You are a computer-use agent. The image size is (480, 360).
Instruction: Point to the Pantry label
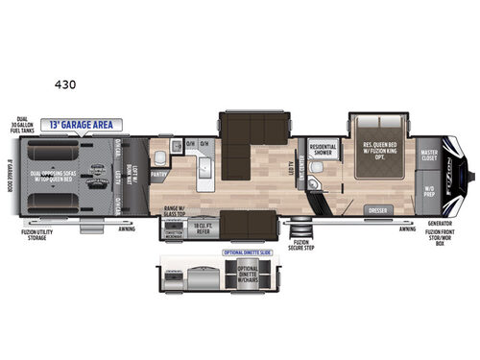click(159, 175)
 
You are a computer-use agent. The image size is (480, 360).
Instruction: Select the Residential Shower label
click(323, 150)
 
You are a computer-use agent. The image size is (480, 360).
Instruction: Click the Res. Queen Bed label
click(380, 150)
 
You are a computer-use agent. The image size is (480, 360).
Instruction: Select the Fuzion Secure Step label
click(301, 250)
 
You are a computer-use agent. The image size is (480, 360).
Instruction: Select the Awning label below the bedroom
click(408, 229)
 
